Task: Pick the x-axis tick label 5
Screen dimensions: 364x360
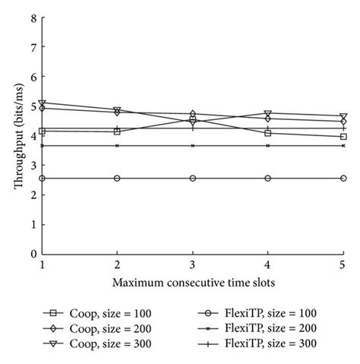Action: point(343,265)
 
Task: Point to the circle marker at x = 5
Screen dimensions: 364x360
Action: point(343,178)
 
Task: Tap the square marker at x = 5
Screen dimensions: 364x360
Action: point(343,137)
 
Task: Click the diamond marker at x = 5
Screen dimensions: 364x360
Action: point(343,122)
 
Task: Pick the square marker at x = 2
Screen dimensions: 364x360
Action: point(117,131)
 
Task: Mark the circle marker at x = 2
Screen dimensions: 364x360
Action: point(117,178)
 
